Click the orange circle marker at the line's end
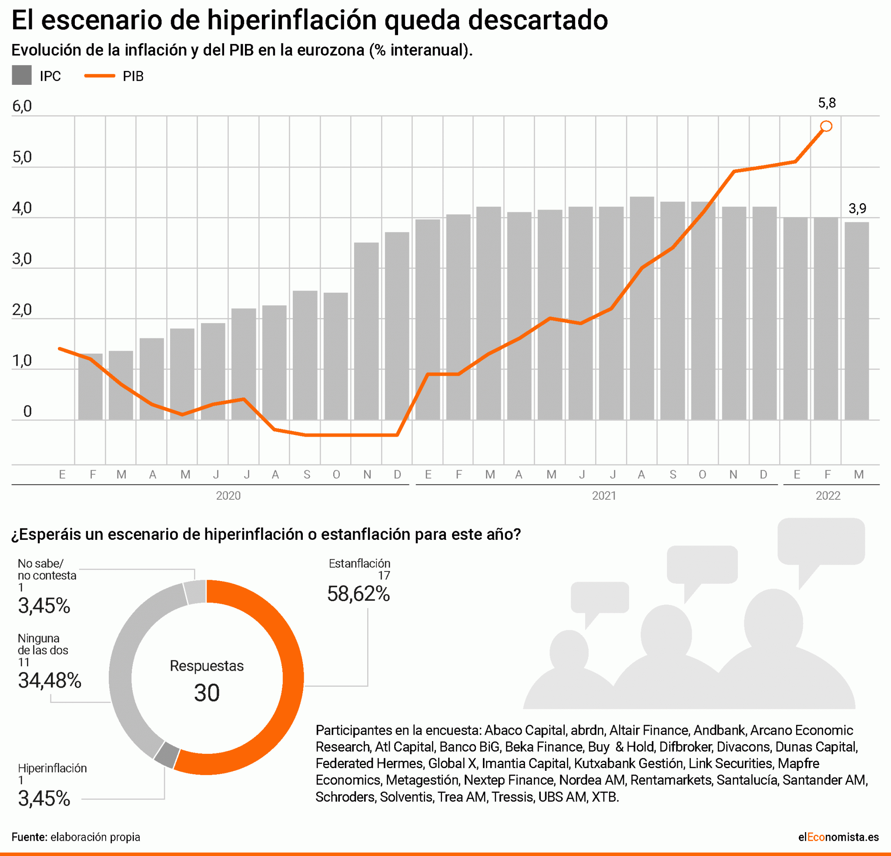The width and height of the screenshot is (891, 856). coord(826,127)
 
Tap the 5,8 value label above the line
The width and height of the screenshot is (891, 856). coord(827,103)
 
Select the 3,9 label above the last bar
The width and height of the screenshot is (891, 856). coord(858,209)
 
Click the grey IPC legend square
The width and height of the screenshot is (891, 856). coord(21,75)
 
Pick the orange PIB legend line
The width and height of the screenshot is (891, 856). coord(100,76)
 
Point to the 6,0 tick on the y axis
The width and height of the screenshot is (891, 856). coord(22,107)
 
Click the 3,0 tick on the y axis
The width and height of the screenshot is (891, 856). coord(22,259)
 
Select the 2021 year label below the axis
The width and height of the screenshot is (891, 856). coord(604,495)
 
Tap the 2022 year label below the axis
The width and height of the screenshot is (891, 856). coord(828,495)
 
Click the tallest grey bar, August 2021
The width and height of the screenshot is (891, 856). coord(642,309)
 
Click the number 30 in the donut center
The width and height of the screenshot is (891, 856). coord(207,693)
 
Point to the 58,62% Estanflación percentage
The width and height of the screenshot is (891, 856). coord(358,594)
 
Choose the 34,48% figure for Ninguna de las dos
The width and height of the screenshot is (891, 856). coord(50,681)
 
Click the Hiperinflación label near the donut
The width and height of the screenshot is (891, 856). coord(52,768)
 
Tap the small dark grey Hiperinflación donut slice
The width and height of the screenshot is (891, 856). coord(166,755)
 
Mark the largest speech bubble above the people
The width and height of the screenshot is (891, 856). coord(821,541)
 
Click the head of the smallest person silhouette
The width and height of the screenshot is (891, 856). coord(569,652)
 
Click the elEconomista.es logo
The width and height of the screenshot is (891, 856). coord(838,837)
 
